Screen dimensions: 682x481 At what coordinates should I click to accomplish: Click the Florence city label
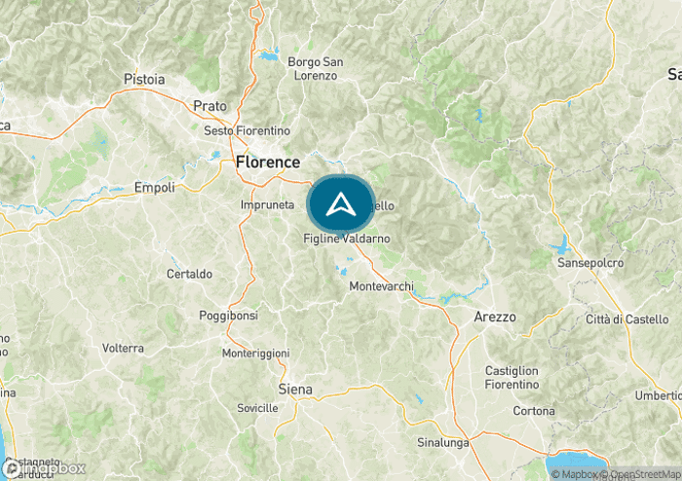click(x=267, y=163)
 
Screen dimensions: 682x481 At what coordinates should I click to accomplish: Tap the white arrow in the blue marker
click(x=340, y=204)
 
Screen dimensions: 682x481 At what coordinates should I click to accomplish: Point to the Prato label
click(x=209, y=105)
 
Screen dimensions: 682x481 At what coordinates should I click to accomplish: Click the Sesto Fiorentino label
click(x=246, y=130)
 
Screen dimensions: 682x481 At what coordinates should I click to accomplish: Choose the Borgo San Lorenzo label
click(x=313, y=68)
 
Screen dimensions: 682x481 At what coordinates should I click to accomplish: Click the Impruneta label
click(x=267, y=205)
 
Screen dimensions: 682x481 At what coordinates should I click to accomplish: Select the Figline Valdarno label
click(x=347, y=239)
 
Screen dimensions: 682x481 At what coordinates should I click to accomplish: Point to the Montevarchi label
click(x=381, y=286)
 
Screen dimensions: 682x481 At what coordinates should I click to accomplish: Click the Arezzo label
click(x=494, y=317)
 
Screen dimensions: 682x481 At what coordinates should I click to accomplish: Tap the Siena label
click(x=295, y=389)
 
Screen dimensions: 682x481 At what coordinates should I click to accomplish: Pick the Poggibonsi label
click(x=228, y=316)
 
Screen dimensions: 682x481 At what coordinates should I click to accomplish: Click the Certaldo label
click(x=189, y=274)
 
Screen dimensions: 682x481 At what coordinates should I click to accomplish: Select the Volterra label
click(x=123, y=348)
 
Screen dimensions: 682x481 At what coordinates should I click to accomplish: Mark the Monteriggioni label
click(x=255, y=352)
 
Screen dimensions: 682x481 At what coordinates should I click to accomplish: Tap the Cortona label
click(x=533, y=411)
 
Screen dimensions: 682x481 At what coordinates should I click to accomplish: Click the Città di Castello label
click(x=627, y=319)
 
